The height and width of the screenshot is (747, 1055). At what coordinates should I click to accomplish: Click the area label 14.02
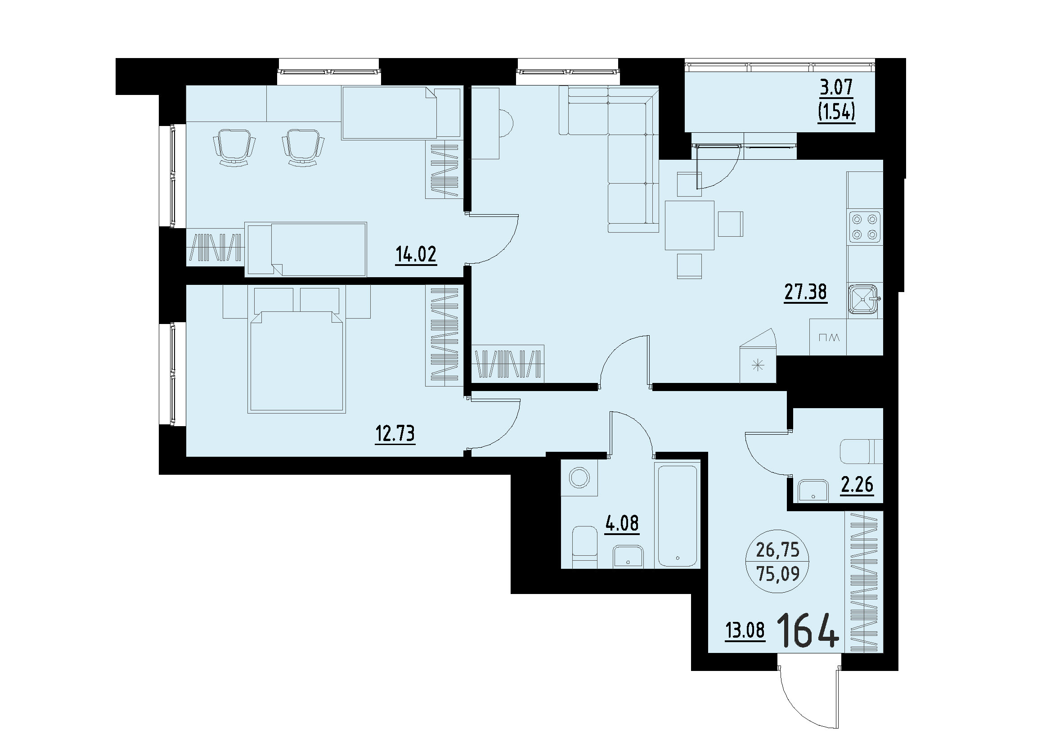tap(416, 254)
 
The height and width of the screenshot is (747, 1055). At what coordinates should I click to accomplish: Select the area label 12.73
tap(395, 433)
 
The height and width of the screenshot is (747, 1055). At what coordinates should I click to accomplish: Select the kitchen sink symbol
tap(863, 300)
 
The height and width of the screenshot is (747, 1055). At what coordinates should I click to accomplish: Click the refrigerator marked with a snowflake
tap(757, 367)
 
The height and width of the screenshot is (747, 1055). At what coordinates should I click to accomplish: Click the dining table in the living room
tap(689, 225)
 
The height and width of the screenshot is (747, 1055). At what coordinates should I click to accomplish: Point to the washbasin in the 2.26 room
tap(813, 491)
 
